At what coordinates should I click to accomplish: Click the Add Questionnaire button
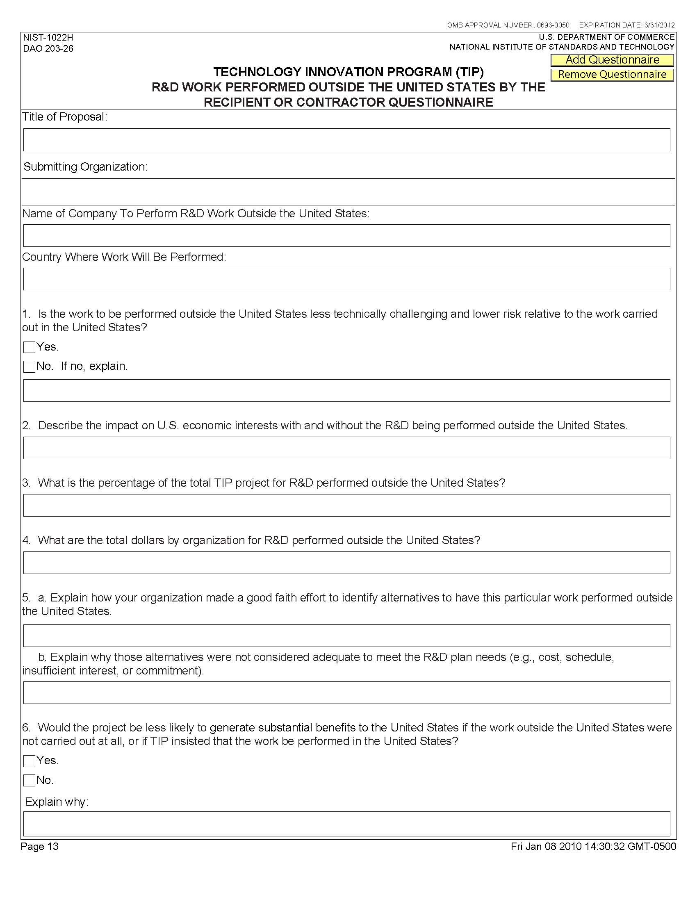tap(612, 60)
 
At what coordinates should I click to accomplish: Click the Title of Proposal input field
tap(346, 139)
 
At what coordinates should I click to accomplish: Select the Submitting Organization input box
tap(348, 191)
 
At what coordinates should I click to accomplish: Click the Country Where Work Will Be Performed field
tap(346, 279)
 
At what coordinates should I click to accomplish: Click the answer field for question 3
tap(346, 505)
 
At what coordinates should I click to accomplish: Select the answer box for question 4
tap(346, 563)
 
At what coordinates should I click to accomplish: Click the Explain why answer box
tap(346, 824)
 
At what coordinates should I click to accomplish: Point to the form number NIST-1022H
tap(48, 38)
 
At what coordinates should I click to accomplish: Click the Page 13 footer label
tap(40, 846)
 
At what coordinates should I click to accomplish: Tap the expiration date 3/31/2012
tap(659, 25)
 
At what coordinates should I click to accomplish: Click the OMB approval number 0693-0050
tap(553, 25)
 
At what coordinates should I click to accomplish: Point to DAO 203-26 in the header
tap(48, 49)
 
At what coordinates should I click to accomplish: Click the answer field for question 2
tap(346, 448)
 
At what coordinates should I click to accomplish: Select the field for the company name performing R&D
tap(346, 235)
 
